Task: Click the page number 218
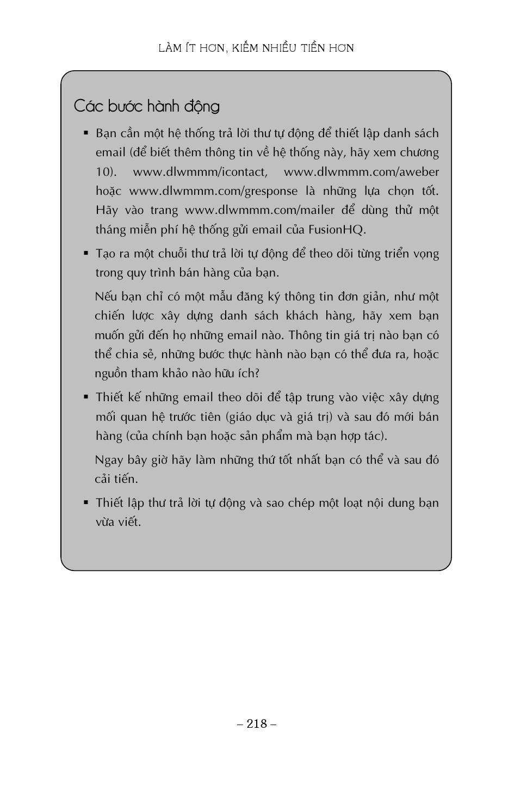coord(257,723)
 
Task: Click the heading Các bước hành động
coord(146,106)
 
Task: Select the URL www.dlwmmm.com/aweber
coord(361,172)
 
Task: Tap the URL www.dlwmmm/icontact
coord(200,172)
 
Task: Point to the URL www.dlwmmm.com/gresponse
coord(213,191)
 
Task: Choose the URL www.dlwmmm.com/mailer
coord(259,210)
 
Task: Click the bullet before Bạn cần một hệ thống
coord(86,133)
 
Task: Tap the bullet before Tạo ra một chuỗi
coord(86,253)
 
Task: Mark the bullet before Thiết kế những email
coord(86,397)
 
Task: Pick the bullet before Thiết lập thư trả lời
coord(86,502)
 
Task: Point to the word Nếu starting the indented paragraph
coord(106,297)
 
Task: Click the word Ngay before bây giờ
coord(109,459)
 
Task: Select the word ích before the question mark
coord(244,373)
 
